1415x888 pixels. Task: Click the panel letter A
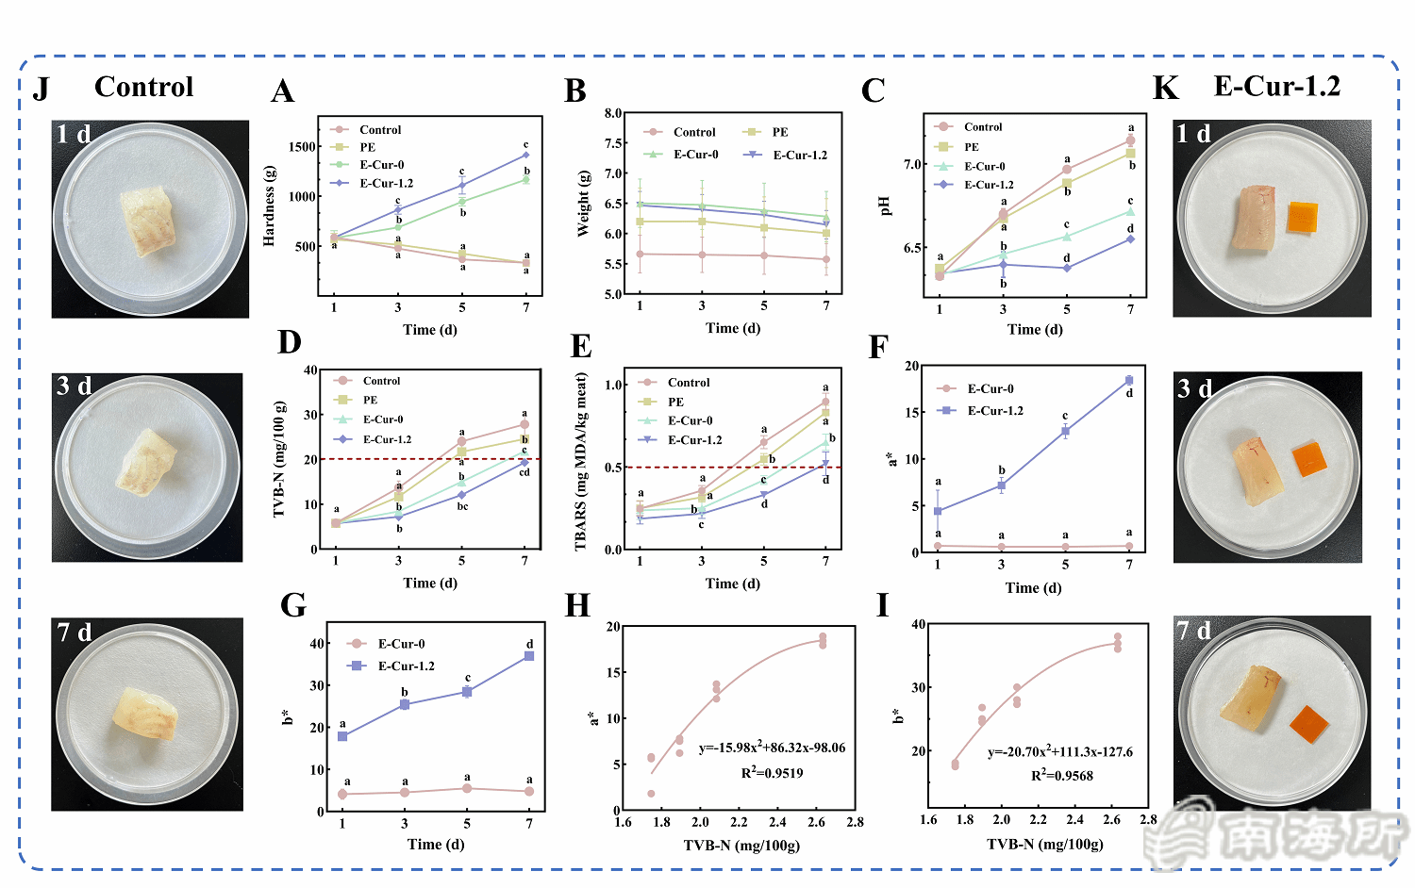point(283,91)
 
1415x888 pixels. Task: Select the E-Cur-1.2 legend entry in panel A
point(386,183)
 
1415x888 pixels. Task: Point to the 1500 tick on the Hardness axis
point(303,147)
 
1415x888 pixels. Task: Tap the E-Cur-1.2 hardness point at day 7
point(525,155)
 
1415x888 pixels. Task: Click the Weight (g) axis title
point(585,203)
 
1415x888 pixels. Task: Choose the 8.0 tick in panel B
point(612,113)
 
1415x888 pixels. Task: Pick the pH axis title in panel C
point(884,206)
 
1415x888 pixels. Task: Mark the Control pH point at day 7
point(1130,141)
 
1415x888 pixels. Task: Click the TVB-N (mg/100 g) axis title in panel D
point(279,459)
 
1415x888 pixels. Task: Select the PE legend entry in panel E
point(675,402)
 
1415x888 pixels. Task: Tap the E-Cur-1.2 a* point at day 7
point(1128,381)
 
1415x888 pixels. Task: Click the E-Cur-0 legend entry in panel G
point(401,644)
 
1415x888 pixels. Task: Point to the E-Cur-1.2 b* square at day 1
point(342,736)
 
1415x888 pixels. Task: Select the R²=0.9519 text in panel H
point(772,773)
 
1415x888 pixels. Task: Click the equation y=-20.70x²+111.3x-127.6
point(1060,752)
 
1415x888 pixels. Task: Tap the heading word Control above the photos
point(143,87)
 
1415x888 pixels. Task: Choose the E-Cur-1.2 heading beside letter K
point(1276,86)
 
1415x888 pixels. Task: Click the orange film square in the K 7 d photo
point(1308,724)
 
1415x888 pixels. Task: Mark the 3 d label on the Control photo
point(75,386)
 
